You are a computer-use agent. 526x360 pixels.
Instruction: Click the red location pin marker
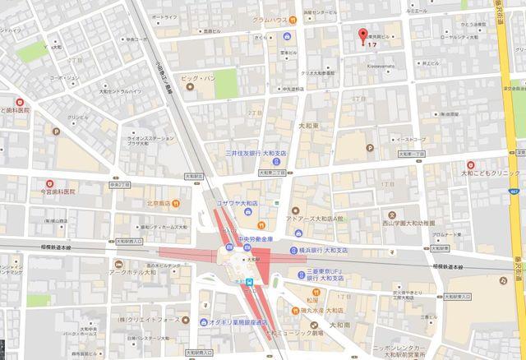coord(361,35)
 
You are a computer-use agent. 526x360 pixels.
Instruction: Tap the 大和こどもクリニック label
coord(491,174)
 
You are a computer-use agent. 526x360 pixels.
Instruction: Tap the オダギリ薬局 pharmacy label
coord(232,321)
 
